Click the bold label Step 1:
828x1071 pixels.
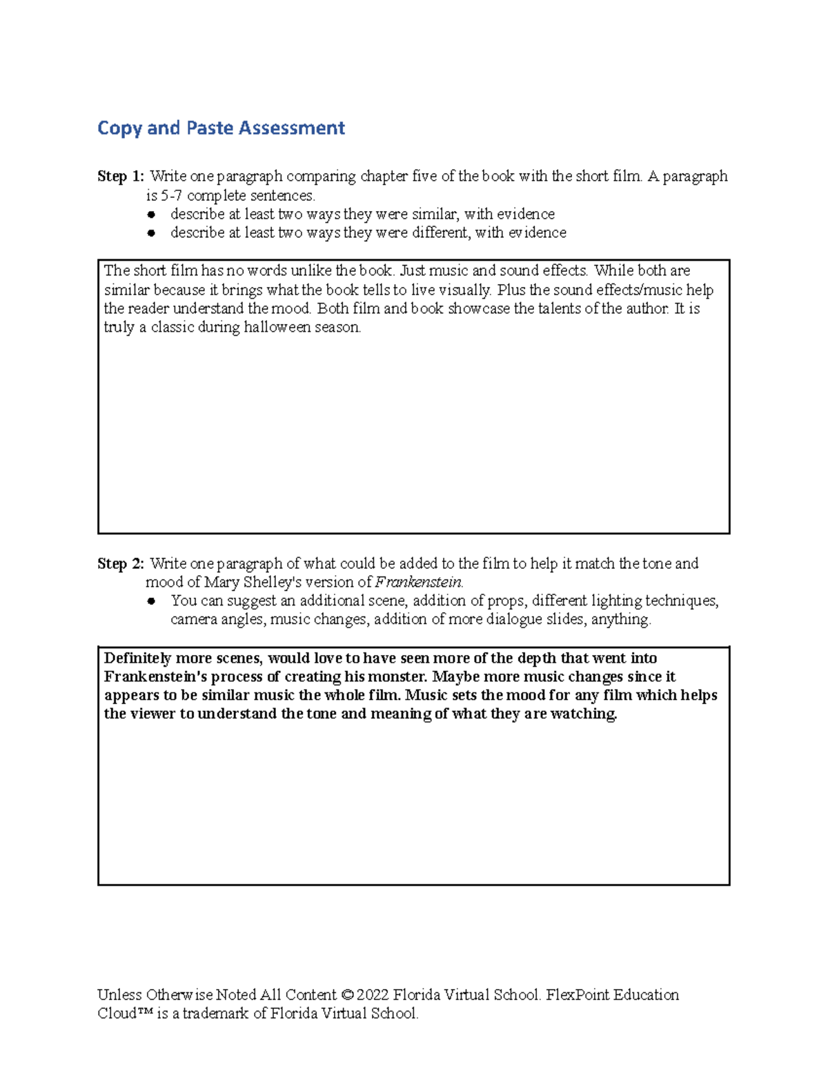(121, 177)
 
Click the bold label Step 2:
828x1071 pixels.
(121, 564)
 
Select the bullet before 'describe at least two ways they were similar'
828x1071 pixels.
(152, 214)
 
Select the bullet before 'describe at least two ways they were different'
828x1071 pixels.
(152, 233)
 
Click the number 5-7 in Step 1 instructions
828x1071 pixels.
(171, 196)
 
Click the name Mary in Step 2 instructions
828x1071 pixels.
(221, 583)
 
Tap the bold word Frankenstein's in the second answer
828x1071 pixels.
(155, 677)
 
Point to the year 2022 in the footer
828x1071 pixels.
(373, 995)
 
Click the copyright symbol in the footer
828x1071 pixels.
(347, 995)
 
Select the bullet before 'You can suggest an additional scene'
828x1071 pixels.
(152, 601)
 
